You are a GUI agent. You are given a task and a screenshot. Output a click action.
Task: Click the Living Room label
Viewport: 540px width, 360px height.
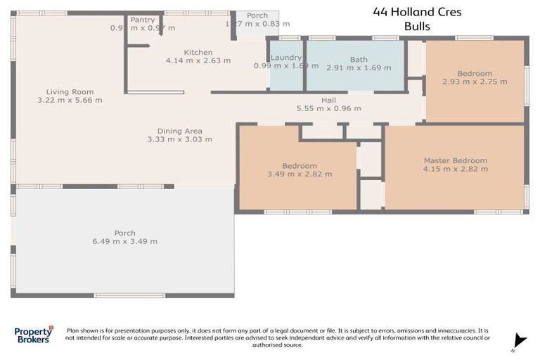pyautogui.click(x=70, y=91)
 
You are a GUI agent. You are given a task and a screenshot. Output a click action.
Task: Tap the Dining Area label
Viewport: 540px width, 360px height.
pyautogui.click(x=179, y=131)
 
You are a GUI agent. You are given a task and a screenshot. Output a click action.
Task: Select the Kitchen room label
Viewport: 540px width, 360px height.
pyautogui.click(x=198, y=52)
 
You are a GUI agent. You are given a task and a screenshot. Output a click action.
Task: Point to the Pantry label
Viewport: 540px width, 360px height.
pyautogui.click(x=143, y=20)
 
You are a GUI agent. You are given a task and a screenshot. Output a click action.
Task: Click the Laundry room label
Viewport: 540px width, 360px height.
pyautogui.click(x=286, y=58)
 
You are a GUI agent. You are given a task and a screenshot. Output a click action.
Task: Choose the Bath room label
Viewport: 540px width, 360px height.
pyautogui.click(x=359, y=60)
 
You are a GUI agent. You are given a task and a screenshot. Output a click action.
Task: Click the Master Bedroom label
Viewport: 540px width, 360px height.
pyautogui.click(x=455, y=160)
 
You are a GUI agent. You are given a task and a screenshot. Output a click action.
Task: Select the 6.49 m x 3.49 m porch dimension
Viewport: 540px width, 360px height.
pyautogui.click(x=124, y=241)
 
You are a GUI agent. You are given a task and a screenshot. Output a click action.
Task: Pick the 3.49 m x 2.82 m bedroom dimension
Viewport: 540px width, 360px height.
pyautogui.click(x=300, y=174)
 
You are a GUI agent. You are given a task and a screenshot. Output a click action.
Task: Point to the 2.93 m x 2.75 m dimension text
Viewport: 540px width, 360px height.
pyautogui.click(x=475, y=82)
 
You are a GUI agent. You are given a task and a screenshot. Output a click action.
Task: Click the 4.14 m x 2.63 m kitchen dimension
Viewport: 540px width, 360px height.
pyautogui.click(x=198, y=60)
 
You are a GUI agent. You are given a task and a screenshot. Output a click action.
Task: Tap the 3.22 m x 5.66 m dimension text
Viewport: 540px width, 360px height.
pyautogui.click(x=70, y=100)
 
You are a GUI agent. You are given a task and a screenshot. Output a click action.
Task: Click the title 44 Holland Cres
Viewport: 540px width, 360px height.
pyautogui.click(x=417, y=12)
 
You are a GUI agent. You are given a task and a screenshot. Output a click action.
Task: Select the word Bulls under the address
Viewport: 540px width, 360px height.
pyautogui.click(x=417, y=27)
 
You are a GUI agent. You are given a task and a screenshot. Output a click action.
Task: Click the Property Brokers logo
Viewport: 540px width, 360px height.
pyautogui.click(x=33, y=335)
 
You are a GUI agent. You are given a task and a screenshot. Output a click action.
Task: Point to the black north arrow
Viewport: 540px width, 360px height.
pyautogui.click(x=520, y=339)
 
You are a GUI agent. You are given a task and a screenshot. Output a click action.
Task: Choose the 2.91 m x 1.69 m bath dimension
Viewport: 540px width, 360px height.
pyautogui.click(x=359, y=68)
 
